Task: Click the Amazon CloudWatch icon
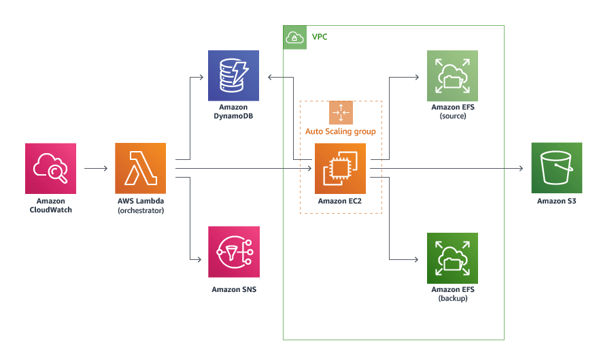[50, 168]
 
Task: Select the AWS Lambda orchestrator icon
[141, 168]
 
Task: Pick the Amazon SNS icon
[233, 252]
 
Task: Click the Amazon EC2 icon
[340, 168]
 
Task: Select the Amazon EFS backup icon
[452, 258]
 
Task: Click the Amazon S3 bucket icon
[556, 168]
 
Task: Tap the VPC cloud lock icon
[294, 37]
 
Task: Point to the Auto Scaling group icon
[341, 112]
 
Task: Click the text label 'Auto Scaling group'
[341, 131]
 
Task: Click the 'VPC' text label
[320, 37]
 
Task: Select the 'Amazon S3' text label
[556, 201]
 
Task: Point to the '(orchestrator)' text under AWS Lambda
[141, 210]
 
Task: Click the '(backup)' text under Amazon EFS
[452, 299]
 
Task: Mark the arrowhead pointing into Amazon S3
[521, 168]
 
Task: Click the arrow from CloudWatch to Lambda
[96, 168]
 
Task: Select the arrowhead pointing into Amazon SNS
[199, 260]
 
